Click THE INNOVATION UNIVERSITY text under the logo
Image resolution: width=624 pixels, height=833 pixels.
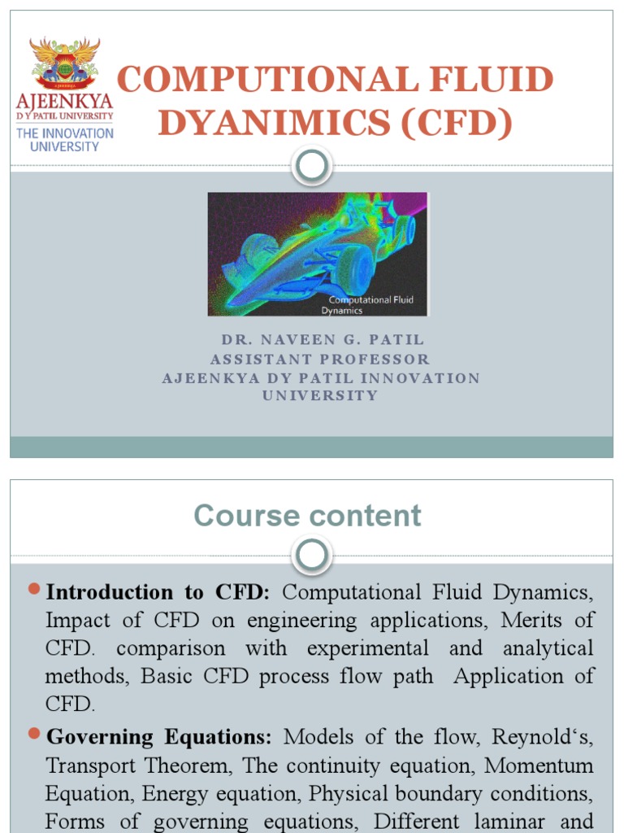click(65, 140)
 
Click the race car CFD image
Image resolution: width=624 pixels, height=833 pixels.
click(317, 254)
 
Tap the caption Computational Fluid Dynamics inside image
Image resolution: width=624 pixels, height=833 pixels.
click(370, 305)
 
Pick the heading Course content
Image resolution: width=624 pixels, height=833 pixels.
click(307, 516)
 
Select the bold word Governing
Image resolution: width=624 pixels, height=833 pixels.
click(100, 737)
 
